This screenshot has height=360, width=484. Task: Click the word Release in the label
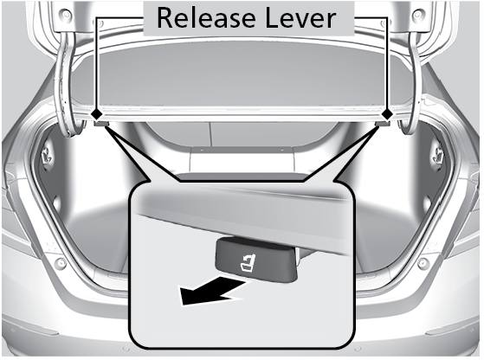pyautogui.click(x=206, y=18)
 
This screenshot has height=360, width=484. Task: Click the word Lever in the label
pyautogui.click(x=300, y=18)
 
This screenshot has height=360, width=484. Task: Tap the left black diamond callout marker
pyautogui.click(x=97, y=114)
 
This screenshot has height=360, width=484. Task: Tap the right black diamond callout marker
pyautogui.click(x=387, y=114)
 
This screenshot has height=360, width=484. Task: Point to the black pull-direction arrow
pyautogui.click(x=213, y=290)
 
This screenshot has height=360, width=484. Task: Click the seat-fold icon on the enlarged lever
pyautogui.click(x=248, y=264)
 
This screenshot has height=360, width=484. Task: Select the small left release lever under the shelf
pyautogui.click(x=101, y=124)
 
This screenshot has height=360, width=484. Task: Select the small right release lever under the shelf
pyautogui.click(x=382, y=124)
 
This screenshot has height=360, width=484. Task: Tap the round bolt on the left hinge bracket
pyautogui.click(x=66, y=14)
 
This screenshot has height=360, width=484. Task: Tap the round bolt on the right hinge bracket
pyautogui.click(x=417, y=14)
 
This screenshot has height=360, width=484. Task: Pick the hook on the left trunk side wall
pyautogui.click(x=47, y=155)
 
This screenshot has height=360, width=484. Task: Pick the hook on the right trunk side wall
pyautogui.click(x=437, y=155)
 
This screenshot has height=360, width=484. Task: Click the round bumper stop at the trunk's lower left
pyautogui.click(x=61, y=263)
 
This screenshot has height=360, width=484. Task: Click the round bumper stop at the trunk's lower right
pyautogui.click(x=423, y=263)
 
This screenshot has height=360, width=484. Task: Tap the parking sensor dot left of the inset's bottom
pyautogui.click(x=126, y=349)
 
